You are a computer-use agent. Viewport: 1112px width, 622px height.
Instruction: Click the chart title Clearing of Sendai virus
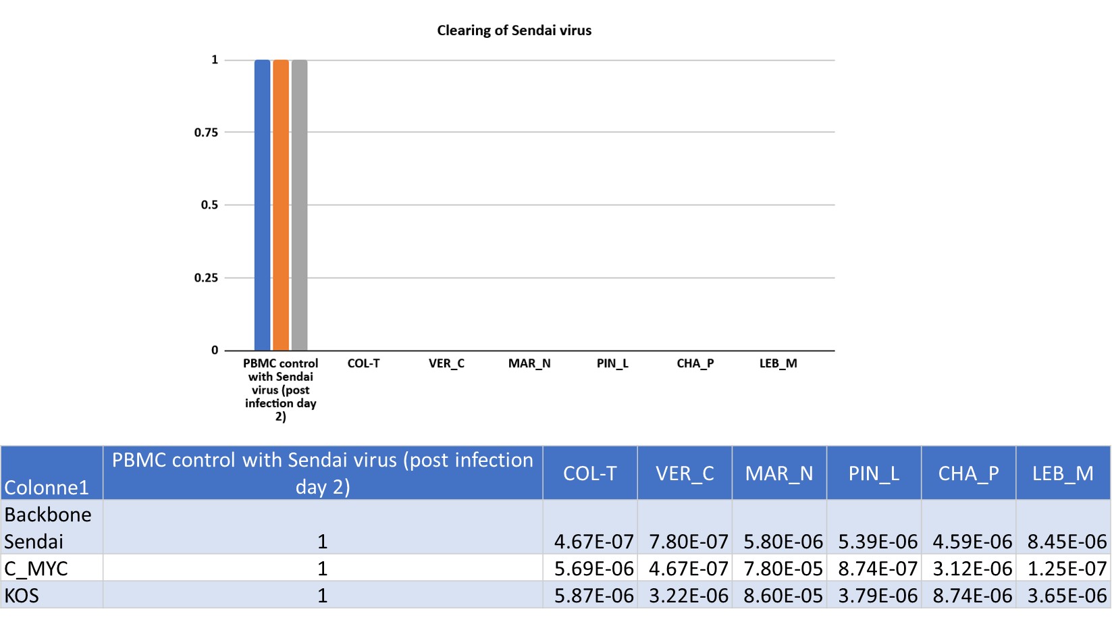coord(514,30)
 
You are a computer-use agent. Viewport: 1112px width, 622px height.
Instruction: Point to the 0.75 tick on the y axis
coord(206,132)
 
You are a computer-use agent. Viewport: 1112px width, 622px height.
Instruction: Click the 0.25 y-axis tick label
coord(206,278)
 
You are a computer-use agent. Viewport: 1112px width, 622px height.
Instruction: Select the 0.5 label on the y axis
coord(209,205)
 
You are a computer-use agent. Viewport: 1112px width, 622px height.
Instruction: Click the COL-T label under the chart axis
coord(363,363)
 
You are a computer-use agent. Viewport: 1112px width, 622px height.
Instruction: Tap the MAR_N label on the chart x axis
coord(529,363)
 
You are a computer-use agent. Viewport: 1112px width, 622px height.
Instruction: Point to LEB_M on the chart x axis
coord(778,363)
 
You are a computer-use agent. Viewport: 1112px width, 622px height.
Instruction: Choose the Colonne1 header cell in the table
coord(47,487)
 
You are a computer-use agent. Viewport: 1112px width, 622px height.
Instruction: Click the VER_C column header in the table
coord(685,473)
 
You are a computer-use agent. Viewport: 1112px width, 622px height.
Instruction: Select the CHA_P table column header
coord(968,473)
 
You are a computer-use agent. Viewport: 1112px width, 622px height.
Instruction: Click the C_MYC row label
coord(36,569)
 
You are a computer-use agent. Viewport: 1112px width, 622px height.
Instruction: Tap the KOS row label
coord(22,596)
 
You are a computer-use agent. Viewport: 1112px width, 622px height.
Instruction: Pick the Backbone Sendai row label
coord(47,527)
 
